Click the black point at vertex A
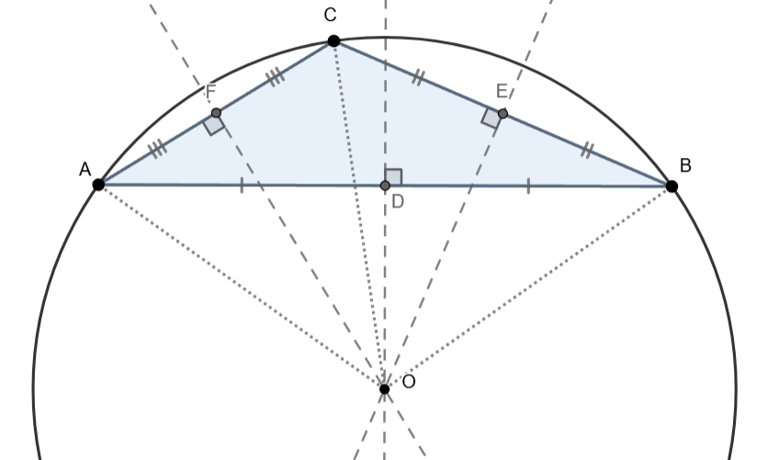pos(98,184)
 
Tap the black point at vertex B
pos(672,185)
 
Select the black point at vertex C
pos(333,40)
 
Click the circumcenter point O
pos(384,388)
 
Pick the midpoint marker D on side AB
pos(385,185)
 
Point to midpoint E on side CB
pos(502,114)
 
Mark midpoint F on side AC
pos(216,113)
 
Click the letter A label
pos(85,169)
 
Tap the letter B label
pos(685,165)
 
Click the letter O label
pos(409,381)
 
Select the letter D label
pos(398,201)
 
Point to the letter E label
pos(502,90)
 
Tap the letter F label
pos(210,93)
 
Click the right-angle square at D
pos(393,177)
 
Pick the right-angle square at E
pos(491,118)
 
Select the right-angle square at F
pos(214,125)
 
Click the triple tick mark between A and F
pos(157,148)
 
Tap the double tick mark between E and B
pos(586,151)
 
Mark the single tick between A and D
pos(242,185)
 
